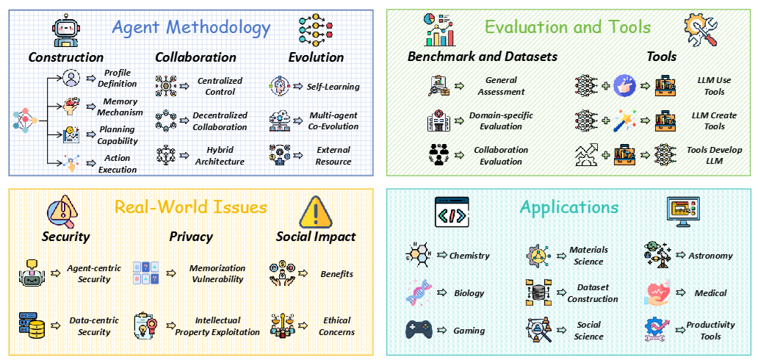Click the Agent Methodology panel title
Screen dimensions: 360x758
coord(191,28)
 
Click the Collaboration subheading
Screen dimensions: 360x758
coord(195,57)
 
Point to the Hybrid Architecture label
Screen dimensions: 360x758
coord(220,155)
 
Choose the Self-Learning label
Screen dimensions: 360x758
coord(333,86)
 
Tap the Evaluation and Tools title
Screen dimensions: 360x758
coord(567,27)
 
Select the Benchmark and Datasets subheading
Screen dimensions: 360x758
coord(483,57)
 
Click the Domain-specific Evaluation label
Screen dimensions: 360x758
coord(502,120)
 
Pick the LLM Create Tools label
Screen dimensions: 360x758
coord(714,120)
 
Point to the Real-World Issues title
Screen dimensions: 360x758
coord(190,207)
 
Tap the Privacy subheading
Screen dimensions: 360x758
coord(191,236)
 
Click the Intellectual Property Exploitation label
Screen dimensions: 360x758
coord(217,326)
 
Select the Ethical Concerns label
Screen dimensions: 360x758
coord(336,326)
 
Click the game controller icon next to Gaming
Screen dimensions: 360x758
coord(419,330)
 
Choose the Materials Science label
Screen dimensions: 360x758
coord(588,256)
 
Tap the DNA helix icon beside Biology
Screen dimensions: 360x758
coord(419,293)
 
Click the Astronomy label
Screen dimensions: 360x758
coord(710,256)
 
